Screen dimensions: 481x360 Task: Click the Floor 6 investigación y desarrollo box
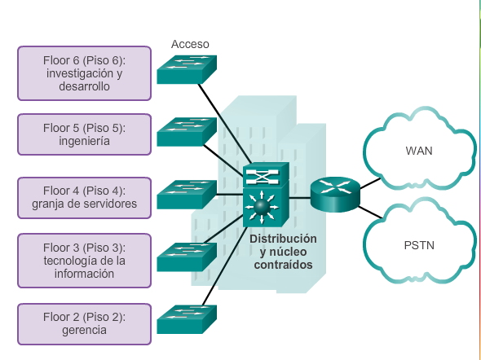pos(84,73)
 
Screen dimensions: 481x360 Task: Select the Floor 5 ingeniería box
pos(84,134)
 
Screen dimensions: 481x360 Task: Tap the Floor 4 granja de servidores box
pos(84,198)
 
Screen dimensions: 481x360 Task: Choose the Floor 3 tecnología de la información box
pos(84,261)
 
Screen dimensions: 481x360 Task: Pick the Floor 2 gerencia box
pos(84,324)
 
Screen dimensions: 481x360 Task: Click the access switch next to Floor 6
pos(187,69)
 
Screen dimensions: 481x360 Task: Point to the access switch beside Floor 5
pos(187,132)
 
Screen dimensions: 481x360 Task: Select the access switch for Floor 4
pos(187,195)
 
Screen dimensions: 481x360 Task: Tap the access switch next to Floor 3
pos(187,257)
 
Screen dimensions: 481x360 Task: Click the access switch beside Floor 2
pos(187,319)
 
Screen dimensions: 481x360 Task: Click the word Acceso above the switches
pos(190,44)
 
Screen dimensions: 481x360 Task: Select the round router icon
pos(335,194)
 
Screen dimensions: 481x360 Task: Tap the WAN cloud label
pos(419,151)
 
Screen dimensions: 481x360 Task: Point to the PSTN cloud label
pos(419,245)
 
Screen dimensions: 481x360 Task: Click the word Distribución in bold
pos(283,239)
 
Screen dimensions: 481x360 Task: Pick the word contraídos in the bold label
pos(283,265)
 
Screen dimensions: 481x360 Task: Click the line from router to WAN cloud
pos(370,183)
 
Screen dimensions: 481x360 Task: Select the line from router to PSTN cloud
pos(370,213)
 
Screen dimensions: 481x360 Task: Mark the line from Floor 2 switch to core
pos(225,266)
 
